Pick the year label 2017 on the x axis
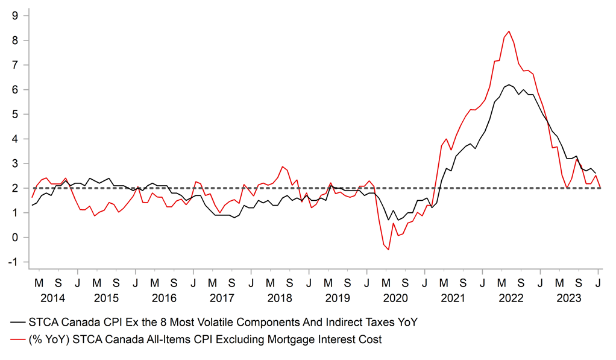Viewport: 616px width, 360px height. pyautogui.click(x=222, y=298)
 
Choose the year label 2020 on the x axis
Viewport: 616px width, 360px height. pyautogui.click(x=395, y=298)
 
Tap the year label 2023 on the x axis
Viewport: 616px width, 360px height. pyautogui.click(x=569, y=298)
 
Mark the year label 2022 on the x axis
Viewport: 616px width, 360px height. pyautogui.click(x=511, y=298)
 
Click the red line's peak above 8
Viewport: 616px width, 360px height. pyautogui.click(x=509, y=31)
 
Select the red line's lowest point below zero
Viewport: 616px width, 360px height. pyautogui.click(x=388, y=250)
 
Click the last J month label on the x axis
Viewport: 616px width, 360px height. pyautogui.click(x=598, y=282)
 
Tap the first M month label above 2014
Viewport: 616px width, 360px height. pyautogui.click(x=39, y=282)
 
